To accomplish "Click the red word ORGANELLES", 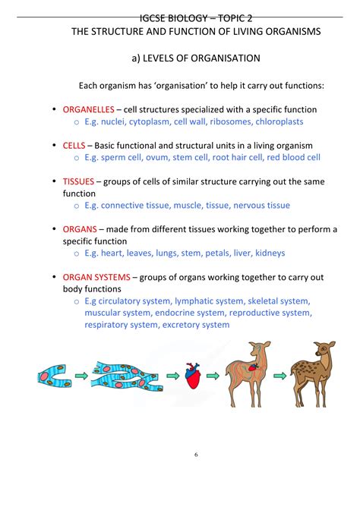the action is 87,109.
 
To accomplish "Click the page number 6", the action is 196,455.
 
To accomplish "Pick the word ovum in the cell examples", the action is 163,157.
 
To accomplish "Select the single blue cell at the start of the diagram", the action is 55,374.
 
